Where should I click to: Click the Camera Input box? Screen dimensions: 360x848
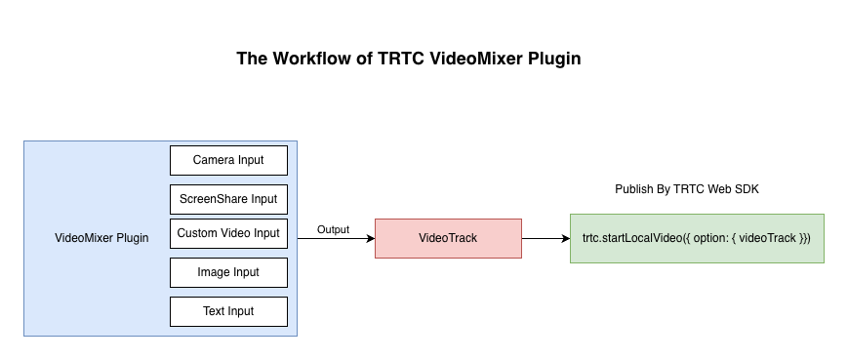click(x=228, y=160)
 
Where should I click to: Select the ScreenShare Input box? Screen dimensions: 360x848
click(x=228, y=199)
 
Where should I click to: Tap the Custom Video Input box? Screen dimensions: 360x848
click(x=228, y=233)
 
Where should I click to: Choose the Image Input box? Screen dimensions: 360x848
click(x=228, y=272)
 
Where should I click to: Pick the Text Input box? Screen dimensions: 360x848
click(x=228, y=311)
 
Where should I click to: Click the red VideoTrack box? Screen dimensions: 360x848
click(x=448, y=238)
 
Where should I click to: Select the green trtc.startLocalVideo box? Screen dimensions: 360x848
click(x=696, y=238)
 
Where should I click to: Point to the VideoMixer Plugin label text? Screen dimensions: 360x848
click(x=101, y=238)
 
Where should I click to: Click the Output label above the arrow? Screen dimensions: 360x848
click(x=333, y=229)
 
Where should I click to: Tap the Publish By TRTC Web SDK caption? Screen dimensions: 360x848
click(x=686, y=189)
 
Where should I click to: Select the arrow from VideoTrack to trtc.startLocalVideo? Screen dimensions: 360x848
click(x=545, y=239)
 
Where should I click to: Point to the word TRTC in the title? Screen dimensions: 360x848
click(x=401, y=59)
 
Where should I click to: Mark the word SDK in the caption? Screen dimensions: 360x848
click(x=746, y=189)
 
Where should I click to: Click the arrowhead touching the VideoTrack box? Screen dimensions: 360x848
click(x=370, y=239)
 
